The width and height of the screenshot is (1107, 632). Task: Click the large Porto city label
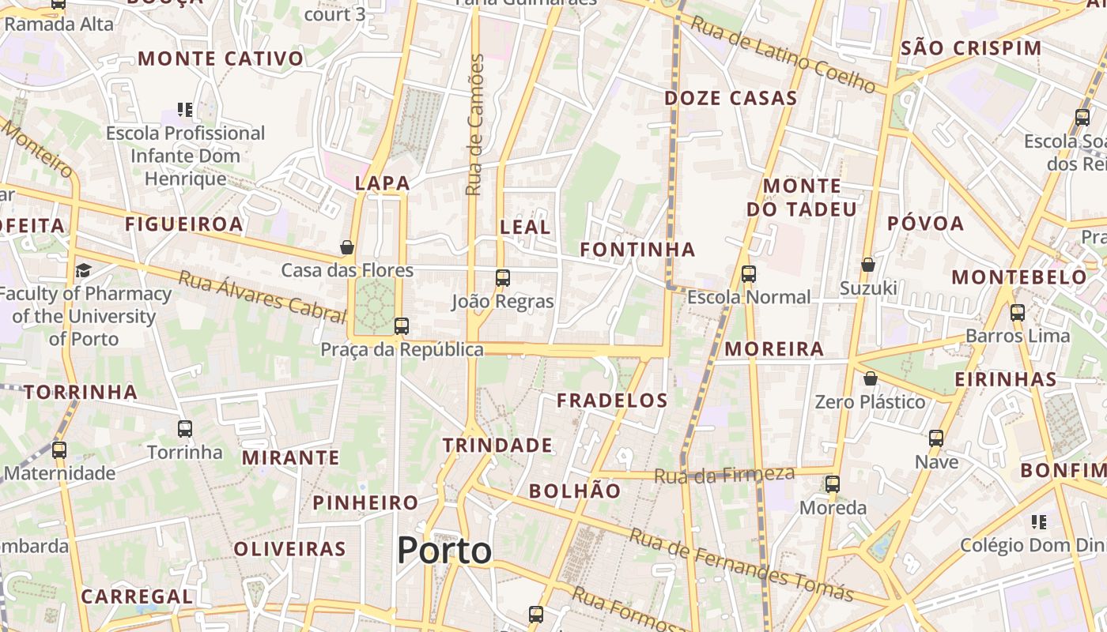[x=444, y=550]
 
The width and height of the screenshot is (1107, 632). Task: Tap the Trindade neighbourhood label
[x=497, y=445]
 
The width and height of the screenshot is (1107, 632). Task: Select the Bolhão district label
[x=575, y=491]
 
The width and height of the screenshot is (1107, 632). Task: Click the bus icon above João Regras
[x=503, y=278]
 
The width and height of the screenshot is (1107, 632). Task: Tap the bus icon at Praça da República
[x=402, y=325]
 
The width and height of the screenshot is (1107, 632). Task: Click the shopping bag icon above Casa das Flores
[x=346, y=248]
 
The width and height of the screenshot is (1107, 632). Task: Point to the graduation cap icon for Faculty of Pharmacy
[x=83, y=271]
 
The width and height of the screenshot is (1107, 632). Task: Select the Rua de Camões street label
[x=474, y=125]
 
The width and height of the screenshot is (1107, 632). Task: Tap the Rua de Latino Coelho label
[x=782, y=54]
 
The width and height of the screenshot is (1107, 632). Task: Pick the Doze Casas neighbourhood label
[x=731, y=98]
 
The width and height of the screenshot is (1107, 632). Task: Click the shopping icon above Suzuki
[x=867, y=265]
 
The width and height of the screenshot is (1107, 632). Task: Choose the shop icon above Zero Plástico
[x=870, y=379]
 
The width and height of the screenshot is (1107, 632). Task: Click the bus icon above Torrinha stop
[x=185, y=429]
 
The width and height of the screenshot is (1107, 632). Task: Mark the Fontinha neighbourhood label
[x=637, y=250]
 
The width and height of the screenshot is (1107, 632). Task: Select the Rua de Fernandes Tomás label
[x=741, y=565]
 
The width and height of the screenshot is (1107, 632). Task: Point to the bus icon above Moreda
[x=832, y=484]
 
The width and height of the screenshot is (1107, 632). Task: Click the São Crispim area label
[x=971, y=47]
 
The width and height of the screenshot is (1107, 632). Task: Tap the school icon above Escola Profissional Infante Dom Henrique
[x=185, y=110]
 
